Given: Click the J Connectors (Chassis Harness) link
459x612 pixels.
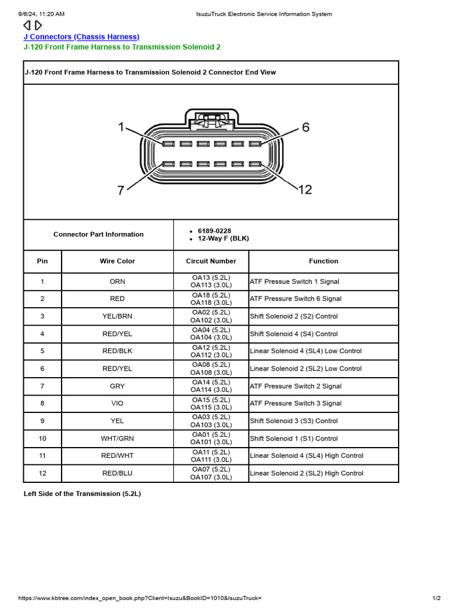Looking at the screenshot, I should coord(81,37).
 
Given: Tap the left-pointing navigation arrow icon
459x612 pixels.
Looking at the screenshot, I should coord(27,25).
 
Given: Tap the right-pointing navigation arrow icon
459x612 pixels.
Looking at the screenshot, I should coord(38,25).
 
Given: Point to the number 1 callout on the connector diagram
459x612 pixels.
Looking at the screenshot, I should coord(121,127).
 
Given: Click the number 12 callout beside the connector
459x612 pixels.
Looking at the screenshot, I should coord(305,189).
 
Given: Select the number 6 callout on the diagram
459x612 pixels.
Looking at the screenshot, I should coord(305,127).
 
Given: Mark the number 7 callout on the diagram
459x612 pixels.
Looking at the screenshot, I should coord(121,190).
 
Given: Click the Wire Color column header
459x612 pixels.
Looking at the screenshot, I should coord(117,261).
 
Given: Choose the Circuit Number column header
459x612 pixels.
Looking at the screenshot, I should coord(211,261).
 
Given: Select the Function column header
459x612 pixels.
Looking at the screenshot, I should coord(323,261).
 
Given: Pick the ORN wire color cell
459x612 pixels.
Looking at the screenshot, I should coord(117,281).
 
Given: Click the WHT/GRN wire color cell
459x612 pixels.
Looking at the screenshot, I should coord(117,438).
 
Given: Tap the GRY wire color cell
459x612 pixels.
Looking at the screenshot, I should coord(117,386).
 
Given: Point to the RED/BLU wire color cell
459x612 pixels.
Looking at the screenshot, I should coord(117,473).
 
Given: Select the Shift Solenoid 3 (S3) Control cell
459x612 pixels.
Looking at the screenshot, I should coord(293,421).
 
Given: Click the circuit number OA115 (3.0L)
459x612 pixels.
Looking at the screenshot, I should coord(211,407).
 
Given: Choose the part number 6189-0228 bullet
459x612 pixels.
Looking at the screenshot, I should coord(215,231).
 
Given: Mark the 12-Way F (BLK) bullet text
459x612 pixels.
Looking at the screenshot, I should coord(224,238).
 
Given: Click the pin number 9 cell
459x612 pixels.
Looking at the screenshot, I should coord(42,421).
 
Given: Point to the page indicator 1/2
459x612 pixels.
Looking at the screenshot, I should coord(436,598).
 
